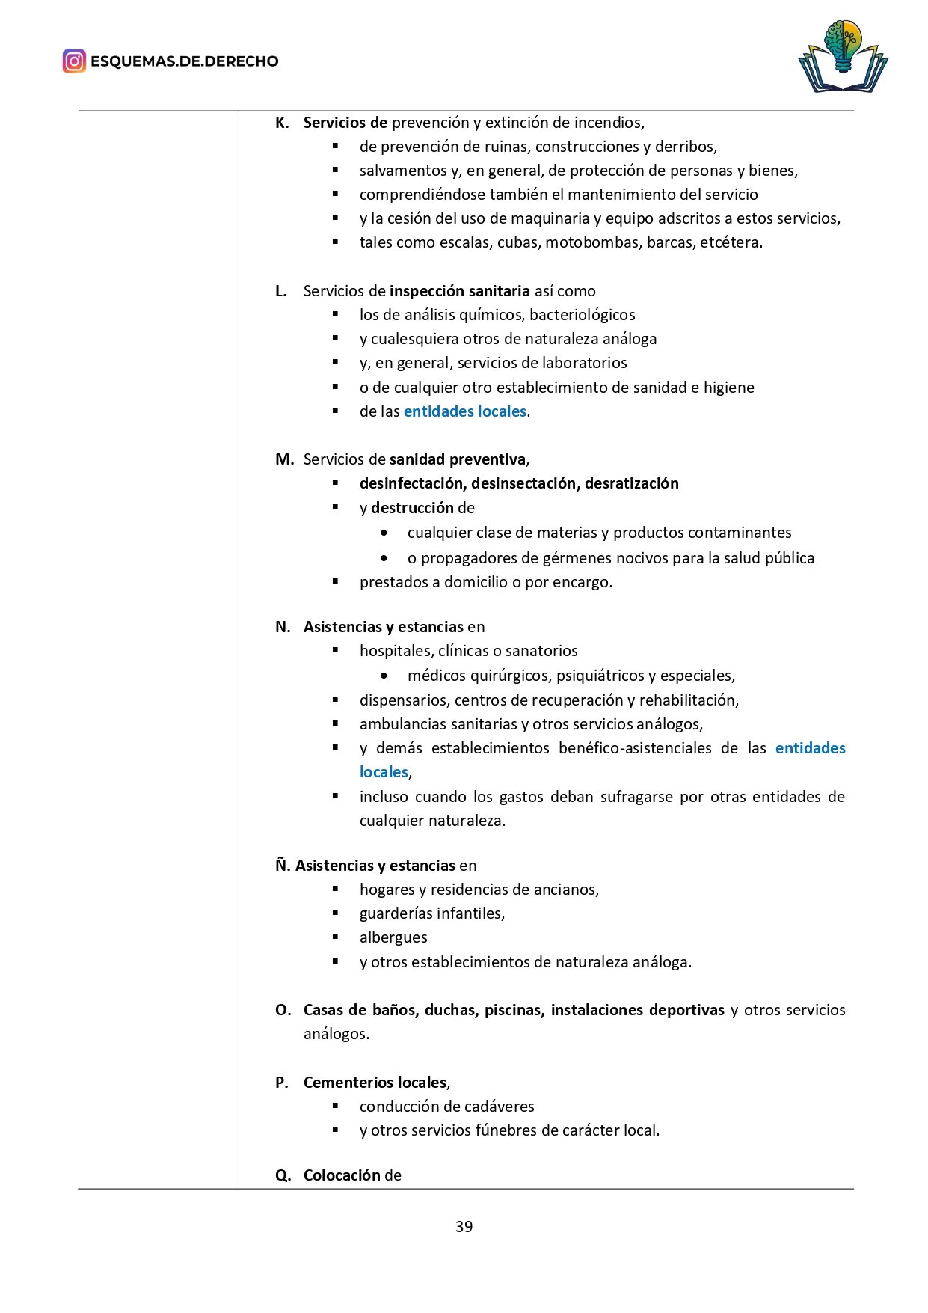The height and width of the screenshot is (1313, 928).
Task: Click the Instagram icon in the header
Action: tap(74, 61)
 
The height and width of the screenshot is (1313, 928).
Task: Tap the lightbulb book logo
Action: tap(842, 57)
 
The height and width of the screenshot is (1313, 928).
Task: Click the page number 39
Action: tap(464, 1226)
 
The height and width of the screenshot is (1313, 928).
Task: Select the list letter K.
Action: tap(282, 123)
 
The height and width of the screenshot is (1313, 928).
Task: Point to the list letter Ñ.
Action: tap(282, 866)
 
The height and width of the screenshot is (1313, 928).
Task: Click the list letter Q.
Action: tap(283, 1175)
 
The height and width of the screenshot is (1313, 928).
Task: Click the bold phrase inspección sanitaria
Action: tap(460, 291)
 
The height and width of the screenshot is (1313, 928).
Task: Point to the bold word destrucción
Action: tap(412, 508)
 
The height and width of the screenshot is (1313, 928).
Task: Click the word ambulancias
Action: tap(400, 724)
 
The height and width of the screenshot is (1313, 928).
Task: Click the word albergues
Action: tap(393, 937)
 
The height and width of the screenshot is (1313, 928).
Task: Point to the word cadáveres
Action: tap(498, 1107)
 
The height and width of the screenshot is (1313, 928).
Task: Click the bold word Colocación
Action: tap(342, 1175)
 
